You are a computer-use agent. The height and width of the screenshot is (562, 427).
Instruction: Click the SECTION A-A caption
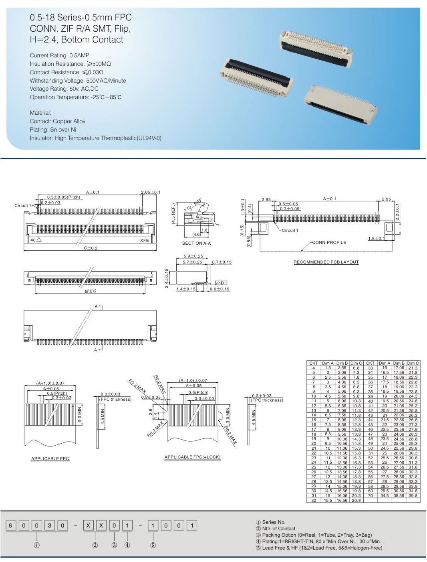click(196, 243)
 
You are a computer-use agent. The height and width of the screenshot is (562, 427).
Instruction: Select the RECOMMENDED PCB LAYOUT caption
click(326, 262)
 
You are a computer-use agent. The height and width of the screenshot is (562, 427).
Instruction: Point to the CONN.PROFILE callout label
click(329, 242)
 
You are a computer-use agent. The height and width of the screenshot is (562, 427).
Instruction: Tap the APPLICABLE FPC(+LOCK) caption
click(192, 457)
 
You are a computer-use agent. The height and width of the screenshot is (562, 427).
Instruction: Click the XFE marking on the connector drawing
click(144, 240)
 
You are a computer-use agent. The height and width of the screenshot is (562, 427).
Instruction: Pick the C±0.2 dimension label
click(91, 248)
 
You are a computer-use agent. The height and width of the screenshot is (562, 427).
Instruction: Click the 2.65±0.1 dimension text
click(150, 193)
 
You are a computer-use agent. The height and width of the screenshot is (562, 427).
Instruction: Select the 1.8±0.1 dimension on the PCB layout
click(376, 239)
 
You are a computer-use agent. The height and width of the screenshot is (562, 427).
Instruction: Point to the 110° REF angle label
click(193, 205)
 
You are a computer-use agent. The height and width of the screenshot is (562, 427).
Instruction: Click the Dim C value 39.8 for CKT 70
click(413, 496)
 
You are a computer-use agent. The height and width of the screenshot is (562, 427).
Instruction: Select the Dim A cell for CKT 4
click(328, 368)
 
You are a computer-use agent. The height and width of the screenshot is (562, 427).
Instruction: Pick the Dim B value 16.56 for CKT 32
click(342, 501)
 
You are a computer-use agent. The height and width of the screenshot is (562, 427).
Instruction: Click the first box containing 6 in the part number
click(11, 525)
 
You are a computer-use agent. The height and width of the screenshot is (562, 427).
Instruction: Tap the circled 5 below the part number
click(153, 546)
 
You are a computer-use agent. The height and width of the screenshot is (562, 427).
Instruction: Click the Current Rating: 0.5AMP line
click(59, 55)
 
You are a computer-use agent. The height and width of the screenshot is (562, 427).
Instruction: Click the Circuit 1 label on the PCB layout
click(290, 231)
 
